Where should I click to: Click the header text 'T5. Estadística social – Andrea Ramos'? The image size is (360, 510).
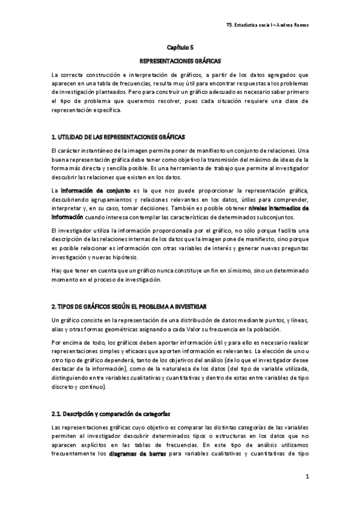coord(269,26)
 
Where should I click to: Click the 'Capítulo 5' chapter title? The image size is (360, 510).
coord(180,46)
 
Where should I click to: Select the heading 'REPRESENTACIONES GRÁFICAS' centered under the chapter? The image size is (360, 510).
coord(180,61)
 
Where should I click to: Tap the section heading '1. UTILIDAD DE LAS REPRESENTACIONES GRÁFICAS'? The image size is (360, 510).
coord(118,137)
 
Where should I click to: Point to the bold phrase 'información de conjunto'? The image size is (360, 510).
coord(87,190)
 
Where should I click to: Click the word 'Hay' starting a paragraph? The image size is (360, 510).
coord(57,271)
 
